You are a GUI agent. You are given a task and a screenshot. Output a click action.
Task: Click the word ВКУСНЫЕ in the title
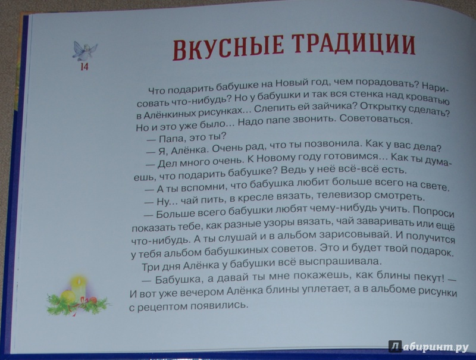[228, 49]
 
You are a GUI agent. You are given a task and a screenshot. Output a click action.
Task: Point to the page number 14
[84, 67]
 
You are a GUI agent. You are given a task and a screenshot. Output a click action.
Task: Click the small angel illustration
[84, 51]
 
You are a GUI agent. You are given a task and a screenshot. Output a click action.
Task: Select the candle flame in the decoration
[79, 281]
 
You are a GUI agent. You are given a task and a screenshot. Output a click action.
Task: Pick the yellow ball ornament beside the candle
[67, 296]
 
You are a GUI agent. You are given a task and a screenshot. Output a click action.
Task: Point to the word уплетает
[325, 290]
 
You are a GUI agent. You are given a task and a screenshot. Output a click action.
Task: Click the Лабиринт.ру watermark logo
[428, 347]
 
